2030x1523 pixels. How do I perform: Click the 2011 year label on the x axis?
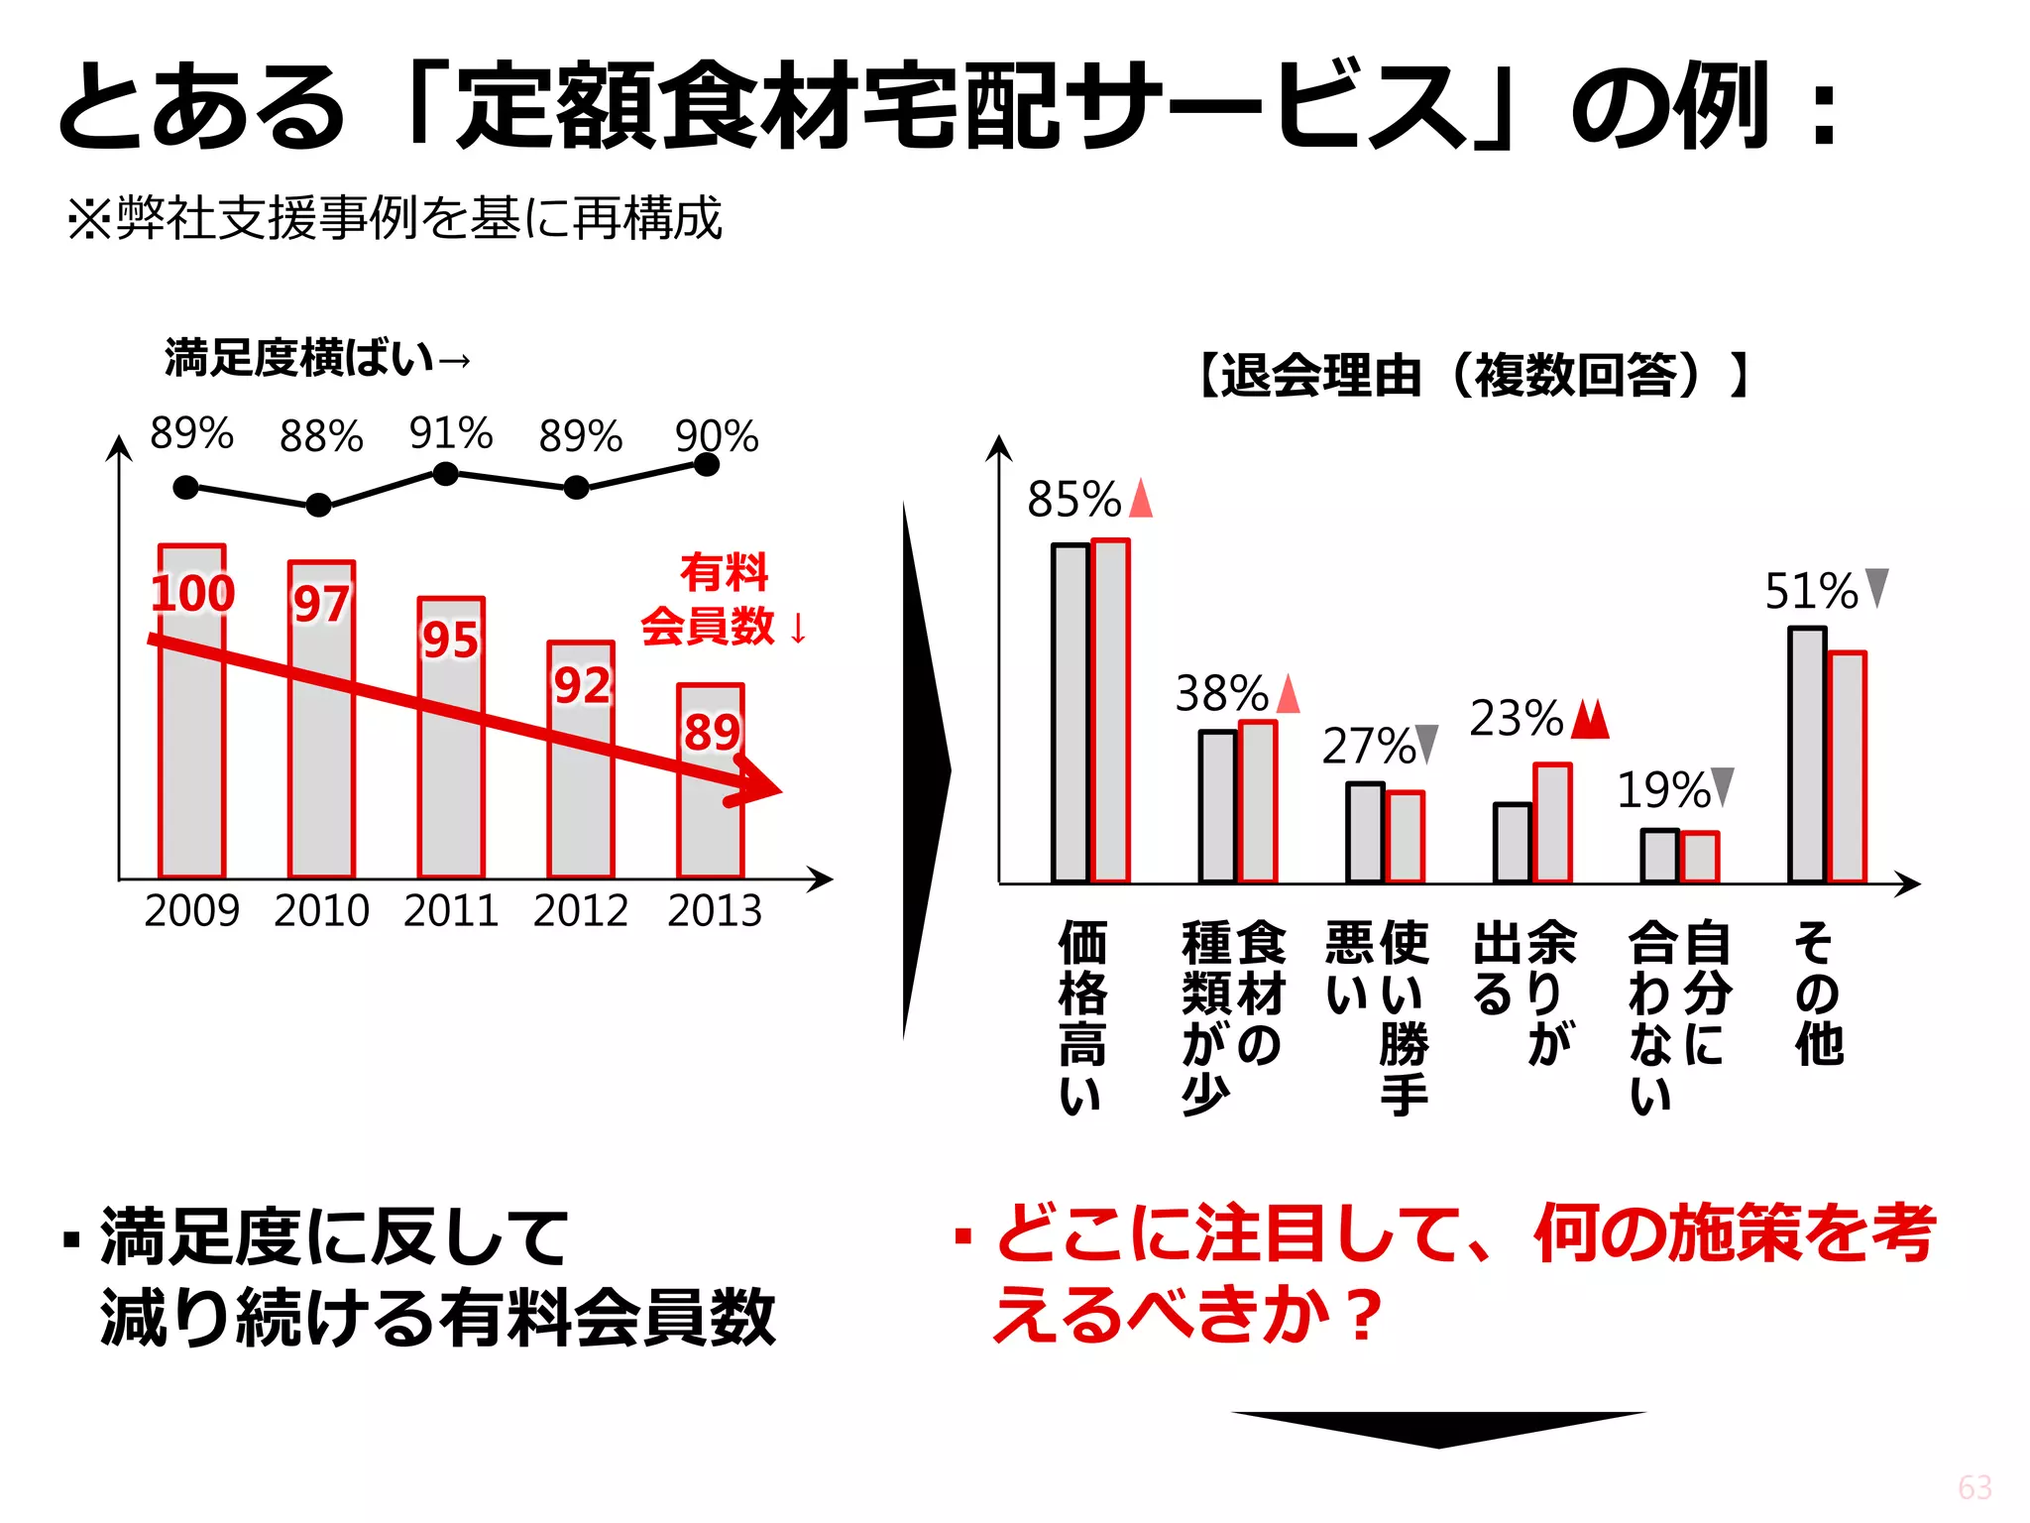[451, 910]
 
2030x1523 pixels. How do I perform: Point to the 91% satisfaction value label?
[451, 433]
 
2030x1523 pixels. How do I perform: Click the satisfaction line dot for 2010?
[318, 505]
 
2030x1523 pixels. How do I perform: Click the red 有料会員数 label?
[724, 600]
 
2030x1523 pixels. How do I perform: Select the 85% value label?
[1074, 499]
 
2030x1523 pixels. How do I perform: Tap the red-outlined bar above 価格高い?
[1111, 710]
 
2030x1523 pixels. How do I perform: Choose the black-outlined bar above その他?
[1807, 755]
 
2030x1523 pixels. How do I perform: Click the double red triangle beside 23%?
[1591, 719]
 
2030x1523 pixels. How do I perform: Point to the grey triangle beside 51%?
[1876, 588]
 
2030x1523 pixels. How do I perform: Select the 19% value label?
[1663, 790]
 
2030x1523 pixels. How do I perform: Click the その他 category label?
[1817, 993]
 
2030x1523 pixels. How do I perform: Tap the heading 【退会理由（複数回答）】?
[1473, 375]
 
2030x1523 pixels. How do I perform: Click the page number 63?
[1974, 1486]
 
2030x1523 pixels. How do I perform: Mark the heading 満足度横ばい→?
[317, 358]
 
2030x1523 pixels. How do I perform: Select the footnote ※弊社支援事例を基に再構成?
[395, 218]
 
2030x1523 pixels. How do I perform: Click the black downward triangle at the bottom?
[1438, 1429]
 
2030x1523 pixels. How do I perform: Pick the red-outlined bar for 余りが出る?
[1552, 822]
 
